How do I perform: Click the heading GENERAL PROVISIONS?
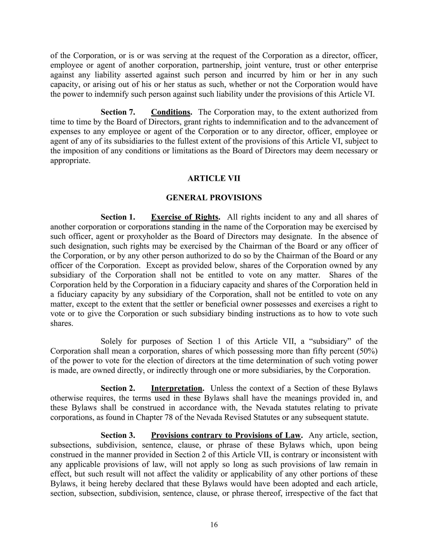pyautogui.click(x=214, y=198)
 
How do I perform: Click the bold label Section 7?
pyautogui.click(x=118, y=112)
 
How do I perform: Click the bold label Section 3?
pyautogui.click(x=118, y=435)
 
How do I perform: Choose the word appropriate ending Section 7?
pyautogui.click(x=70, y=161)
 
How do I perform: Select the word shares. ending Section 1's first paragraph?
pyautogui.click(x=62, y=323)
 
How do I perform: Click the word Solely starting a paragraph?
pyautogui.click(x=112, y=341)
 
